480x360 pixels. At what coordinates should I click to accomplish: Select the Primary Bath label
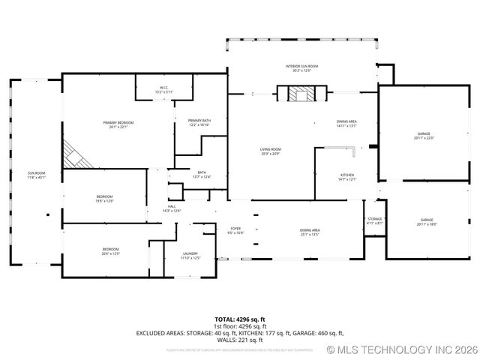199,122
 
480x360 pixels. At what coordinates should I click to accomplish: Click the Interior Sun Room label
302,69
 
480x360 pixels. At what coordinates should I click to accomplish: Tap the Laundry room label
190,256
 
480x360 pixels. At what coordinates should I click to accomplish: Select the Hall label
172,208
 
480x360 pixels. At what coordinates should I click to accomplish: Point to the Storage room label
375,221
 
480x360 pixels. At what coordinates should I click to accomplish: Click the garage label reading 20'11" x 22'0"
424,136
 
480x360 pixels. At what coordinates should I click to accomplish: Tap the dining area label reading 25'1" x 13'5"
310,232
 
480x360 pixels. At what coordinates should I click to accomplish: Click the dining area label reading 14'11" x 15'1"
346,124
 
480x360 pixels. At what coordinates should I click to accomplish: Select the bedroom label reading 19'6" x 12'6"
104,199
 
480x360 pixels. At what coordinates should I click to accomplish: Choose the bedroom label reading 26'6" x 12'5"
110,251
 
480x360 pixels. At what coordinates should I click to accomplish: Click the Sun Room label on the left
37,175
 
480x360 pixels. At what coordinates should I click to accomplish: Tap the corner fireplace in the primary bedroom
75,156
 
